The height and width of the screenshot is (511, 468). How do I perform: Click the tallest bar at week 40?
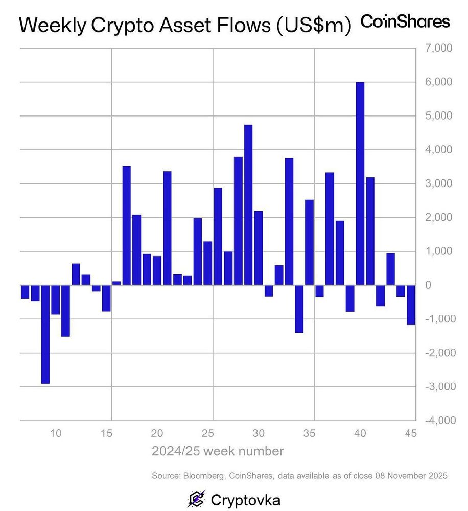point(360,183)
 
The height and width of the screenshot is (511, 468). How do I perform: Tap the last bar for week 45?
point(411,305)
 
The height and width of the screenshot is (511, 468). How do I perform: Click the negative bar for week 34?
point(299,309)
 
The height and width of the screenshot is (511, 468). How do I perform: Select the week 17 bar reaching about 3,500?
point(127,225)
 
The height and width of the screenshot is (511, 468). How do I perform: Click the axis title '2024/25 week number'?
point(218,451)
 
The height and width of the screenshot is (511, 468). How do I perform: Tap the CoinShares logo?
point(405,22)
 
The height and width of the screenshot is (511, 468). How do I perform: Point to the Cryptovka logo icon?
point(196,498)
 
